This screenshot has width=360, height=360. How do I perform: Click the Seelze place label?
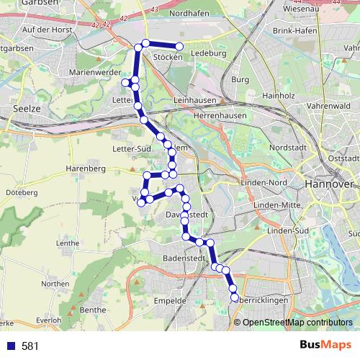click(26, 108)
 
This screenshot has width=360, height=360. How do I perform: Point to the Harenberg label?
click(86, 168)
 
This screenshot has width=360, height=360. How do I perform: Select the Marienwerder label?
click(91, 73)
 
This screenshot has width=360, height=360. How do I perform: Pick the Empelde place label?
click(171, 300)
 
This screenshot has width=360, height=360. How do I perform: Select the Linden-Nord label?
click(268, 182)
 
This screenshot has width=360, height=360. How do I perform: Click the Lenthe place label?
click(67, 243)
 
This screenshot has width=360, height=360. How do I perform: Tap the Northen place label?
click(55, 284)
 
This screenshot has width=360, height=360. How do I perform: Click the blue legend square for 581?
click(12, 346)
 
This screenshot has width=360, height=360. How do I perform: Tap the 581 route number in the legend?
click(30, 346)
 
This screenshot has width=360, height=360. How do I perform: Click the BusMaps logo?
click(325, 346)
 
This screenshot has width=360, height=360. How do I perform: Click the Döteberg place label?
click(21, 193)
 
